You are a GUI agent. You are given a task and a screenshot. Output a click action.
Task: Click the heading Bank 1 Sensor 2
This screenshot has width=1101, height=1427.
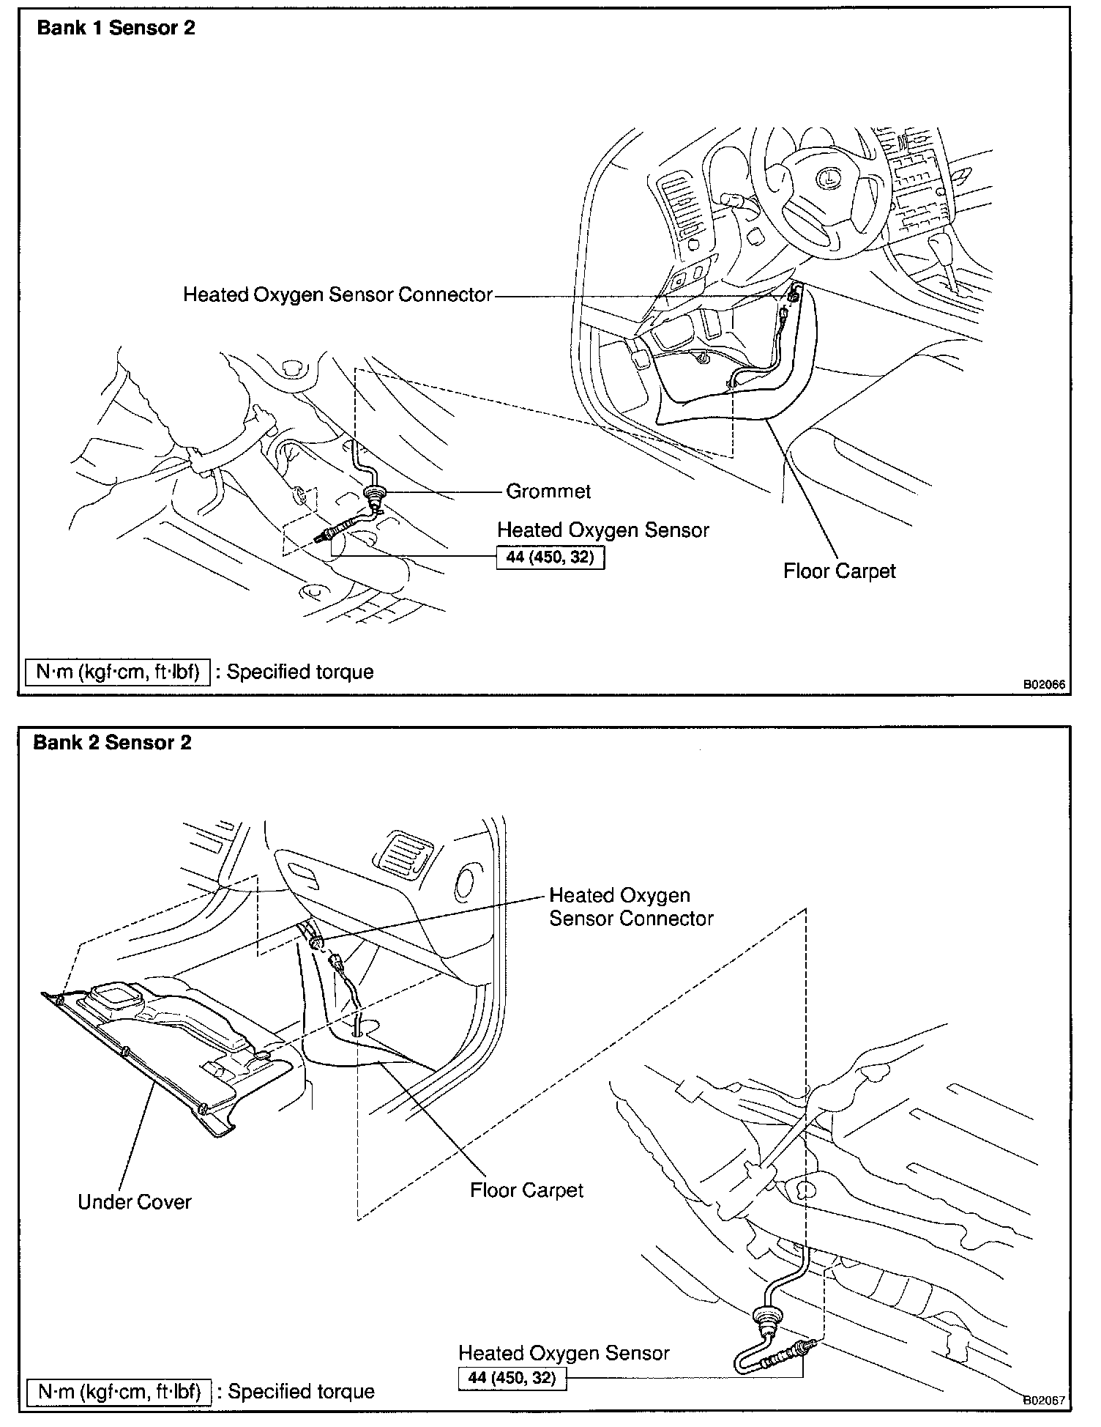coord(116,29)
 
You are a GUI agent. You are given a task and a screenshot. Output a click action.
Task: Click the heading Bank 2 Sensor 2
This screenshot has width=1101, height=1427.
coord(112,742)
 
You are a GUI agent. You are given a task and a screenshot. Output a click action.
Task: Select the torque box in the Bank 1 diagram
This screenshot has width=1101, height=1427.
coord(550,557)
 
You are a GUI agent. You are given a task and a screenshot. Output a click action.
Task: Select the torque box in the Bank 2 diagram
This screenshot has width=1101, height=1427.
coord(512,1377)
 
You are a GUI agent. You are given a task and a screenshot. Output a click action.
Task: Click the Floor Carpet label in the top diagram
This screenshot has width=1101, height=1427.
coord(839,571)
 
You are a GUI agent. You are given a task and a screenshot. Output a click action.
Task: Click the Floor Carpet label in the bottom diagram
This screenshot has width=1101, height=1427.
coord(526,1190)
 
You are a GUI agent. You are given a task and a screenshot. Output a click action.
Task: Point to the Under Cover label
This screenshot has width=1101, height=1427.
coord(134,1201)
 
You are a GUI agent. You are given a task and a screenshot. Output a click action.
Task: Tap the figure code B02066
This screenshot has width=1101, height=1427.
coord(1044,685)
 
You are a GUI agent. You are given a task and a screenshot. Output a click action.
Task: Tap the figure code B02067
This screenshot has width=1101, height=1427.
coord(1044,1400)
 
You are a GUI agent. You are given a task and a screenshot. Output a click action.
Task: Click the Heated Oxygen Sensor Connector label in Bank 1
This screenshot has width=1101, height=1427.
coord(337,294)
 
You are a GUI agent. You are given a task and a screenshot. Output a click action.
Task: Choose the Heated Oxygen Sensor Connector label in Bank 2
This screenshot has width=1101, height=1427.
coord(630,907)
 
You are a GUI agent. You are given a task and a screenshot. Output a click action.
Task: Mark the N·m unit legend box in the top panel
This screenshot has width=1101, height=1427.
coord(118,672)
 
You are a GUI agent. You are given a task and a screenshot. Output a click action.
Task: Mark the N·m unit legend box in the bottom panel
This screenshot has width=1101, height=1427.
coord(119,1391)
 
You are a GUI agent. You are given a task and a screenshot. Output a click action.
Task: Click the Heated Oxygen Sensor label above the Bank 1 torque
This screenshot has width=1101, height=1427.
coord(602,530)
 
